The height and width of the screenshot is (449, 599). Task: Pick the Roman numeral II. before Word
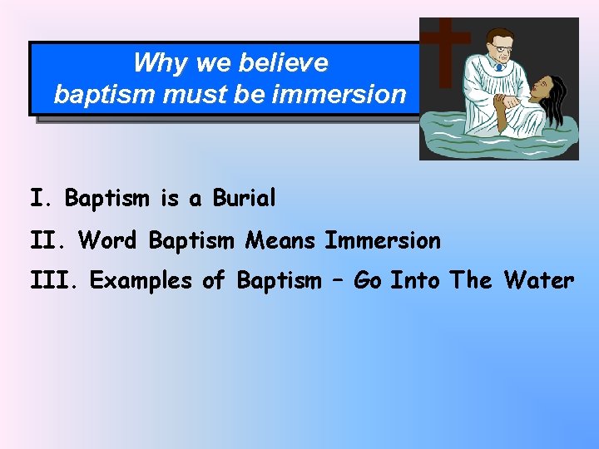point(50,240)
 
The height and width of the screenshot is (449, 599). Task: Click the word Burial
point(244,199)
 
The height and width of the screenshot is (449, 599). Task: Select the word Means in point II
point(280,240)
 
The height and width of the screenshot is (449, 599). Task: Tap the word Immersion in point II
point(383,240)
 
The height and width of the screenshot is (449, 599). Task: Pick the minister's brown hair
point(499,36)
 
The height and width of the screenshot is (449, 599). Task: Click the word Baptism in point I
point(106,199)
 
